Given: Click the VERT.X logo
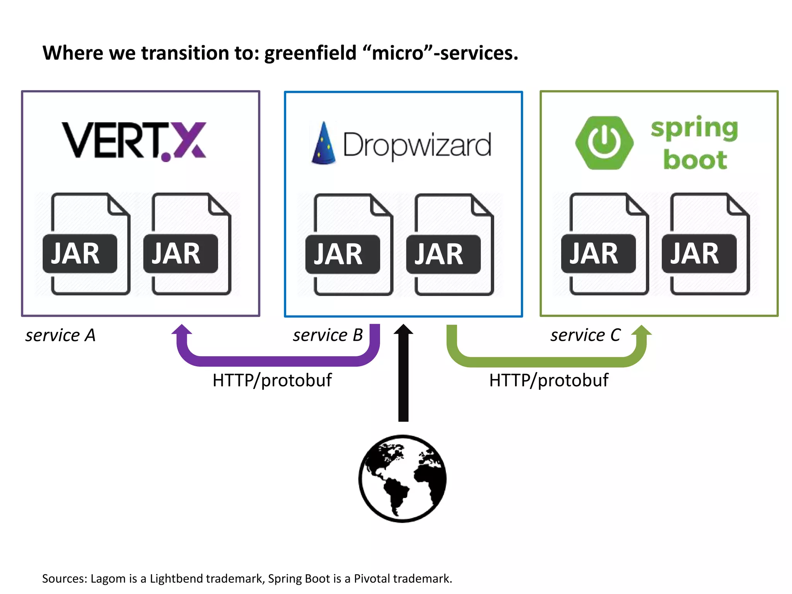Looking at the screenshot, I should pos(134,141).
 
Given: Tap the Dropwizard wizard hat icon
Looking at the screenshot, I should pos(323,143).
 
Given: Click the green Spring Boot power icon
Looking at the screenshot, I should pos(604,143).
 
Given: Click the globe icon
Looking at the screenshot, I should pos(403,479).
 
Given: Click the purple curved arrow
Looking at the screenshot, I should pos(277,360).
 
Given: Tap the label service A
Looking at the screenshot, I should pos(60,335).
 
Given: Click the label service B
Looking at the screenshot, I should pos(328,335).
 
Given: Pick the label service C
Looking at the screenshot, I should pos(585,335).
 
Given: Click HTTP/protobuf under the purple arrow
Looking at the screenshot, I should pos(272,380).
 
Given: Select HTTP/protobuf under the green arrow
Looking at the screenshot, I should pos(548,380).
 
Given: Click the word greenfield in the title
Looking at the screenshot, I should pos(310,53).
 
